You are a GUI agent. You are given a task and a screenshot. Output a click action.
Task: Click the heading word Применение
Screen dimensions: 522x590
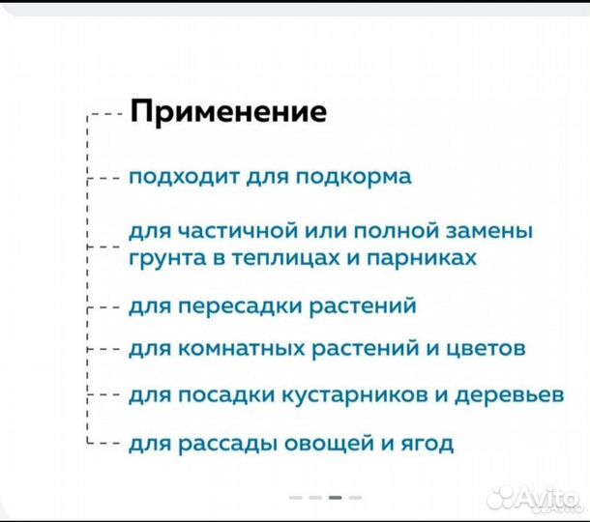coord(228,112)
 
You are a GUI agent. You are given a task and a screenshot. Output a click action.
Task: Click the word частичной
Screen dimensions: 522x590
coord(214,233)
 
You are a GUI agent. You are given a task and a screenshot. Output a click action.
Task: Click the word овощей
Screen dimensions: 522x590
coord(319,445)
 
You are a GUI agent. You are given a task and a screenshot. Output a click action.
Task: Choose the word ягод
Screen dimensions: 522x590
coord(428,445)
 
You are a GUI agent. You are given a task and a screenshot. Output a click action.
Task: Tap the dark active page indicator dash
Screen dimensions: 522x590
coord(335,497)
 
